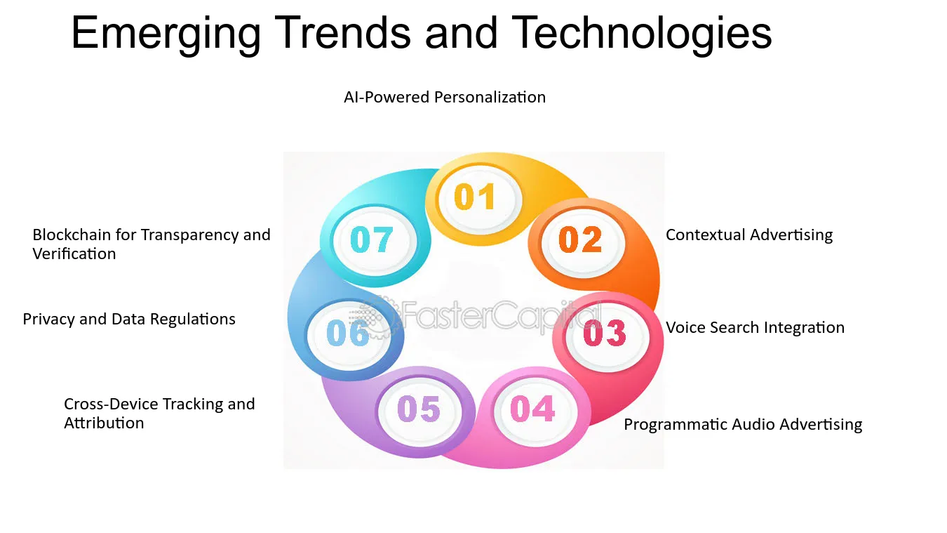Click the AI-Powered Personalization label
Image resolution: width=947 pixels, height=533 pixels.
[x=445, y=98]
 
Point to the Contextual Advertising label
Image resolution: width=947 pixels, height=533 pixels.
[x=749, y=235]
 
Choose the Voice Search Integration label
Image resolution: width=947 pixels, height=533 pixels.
[x=755, y=328]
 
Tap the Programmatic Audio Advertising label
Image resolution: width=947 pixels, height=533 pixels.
[x=743, y=425]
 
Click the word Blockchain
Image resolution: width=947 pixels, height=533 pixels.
[x=72, y=235]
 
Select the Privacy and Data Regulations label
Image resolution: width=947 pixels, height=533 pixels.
[x=129, y=320]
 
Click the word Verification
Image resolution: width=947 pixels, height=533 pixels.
[x=74, y=254]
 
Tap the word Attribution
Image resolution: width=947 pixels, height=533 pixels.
[x=104, y=423]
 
